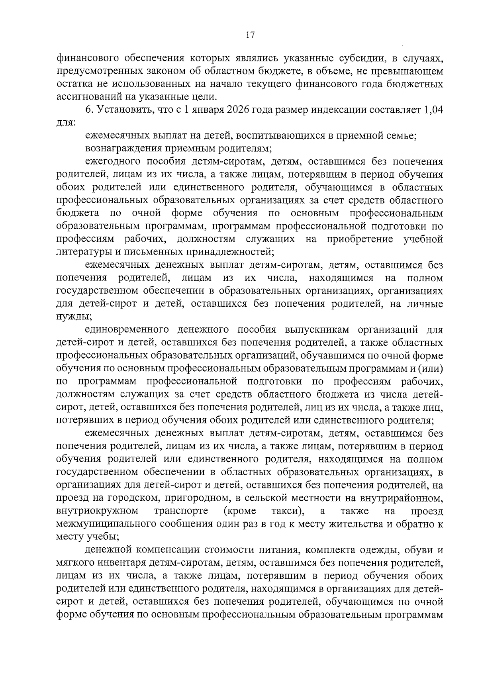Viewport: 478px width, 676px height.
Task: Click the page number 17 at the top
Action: point(250,35)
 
